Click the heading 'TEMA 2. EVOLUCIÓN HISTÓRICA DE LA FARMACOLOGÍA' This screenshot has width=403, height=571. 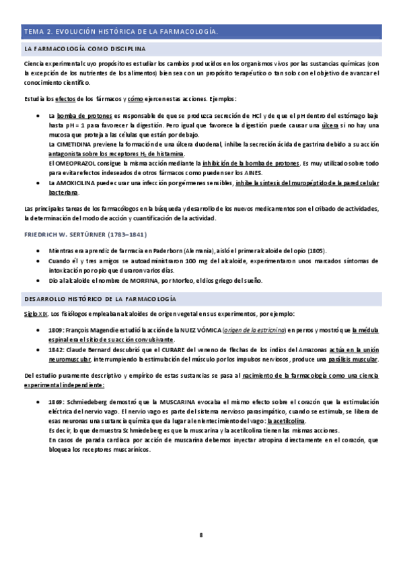121,32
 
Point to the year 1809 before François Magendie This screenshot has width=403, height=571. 57,331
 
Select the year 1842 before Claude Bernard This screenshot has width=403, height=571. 57,350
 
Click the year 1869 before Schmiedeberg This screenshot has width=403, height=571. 57,401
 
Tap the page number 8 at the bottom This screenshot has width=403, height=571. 200,535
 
